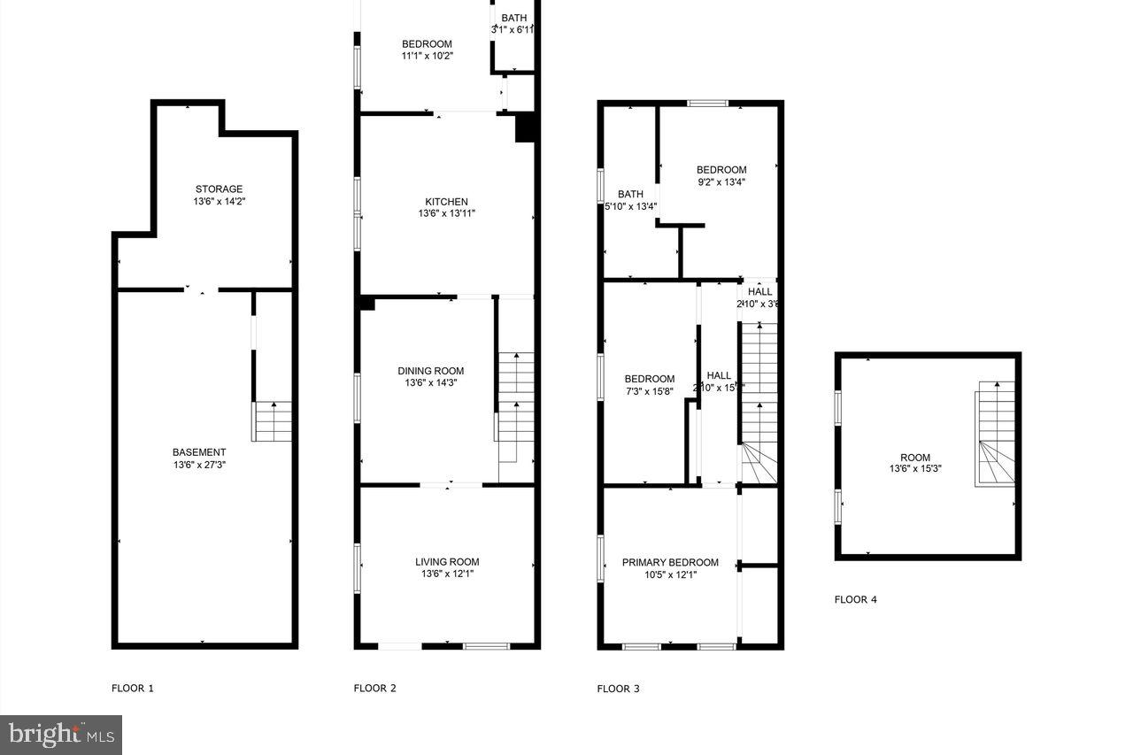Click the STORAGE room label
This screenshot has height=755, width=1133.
coord(219,189)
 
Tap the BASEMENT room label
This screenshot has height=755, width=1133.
coord(199,452)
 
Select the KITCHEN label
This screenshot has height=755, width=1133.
coord(446,202)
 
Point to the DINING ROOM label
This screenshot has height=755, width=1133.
coord(431,371)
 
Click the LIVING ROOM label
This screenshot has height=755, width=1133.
coord(447,561)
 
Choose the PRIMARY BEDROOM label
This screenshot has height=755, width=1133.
coord(670,562)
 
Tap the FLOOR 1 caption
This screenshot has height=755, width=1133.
coord(133,688)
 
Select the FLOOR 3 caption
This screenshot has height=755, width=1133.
coord(619,688)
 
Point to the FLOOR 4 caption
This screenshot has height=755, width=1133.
coord(856,599)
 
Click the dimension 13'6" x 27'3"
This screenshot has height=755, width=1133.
coord(199,465)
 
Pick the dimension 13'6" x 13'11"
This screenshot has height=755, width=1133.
coord(447,213)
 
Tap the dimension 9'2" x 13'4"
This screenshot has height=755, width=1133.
coord(721,182)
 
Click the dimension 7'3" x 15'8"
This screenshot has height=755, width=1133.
coord(650,391)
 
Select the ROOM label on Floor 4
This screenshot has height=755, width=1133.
coord(915,458)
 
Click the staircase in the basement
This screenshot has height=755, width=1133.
coord(274,422)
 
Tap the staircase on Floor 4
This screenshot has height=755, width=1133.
coord(995,434)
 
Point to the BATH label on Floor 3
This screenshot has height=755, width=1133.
coord(630,195)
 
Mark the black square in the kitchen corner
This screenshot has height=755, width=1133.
coord(526,127)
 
